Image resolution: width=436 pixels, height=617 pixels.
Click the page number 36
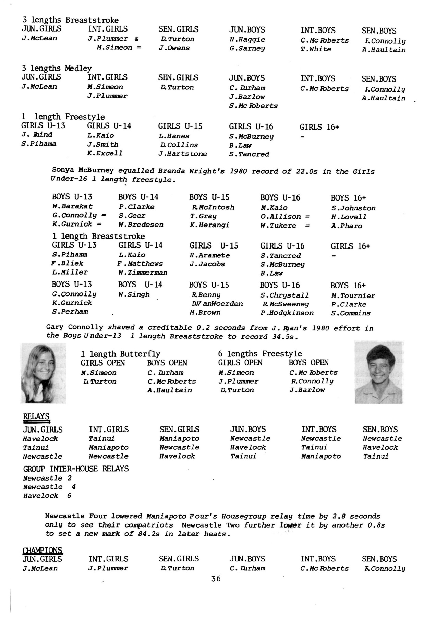tap(216, 579)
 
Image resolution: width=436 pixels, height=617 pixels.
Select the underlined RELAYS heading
tap(36, 417)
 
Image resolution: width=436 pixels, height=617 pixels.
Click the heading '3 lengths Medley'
tap(57, 68)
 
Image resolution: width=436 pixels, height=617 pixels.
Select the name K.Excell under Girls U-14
tap(105, 153)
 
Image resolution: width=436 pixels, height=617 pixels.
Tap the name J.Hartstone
tap(183, 154)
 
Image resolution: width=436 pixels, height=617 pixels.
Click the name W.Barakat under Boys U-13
tap(72, 206)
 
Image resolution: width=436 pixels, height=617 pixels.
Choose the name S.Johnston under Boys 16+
tap(353, 208)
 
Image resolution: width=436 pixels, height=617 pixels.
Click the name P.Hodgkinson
tap(287, 313)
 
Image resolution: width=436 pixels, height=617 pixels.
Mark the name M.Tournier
tap(353, 295)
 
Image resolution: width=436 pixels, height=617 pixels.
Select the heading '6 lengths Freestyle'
tap(260, 354)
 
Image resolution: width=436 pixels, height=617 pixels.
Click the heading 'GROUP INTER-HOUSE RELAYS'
tap(76, 469)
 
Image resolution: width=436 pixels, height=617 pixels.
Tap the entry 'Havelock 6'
tap(47, 496)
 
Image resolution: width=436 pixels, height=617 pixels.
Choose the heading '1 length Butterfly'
tap(120, 354)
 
